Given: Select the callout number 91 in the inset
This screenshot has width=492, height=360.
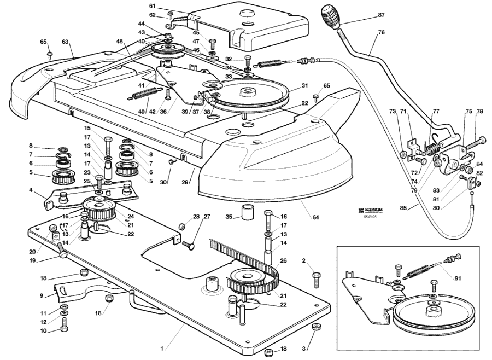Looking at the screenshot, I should pyautogui.click(x=458, y=278).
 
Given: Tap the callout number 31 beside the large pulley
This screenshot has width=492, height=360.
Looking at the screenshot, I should pyautogui.click(x=305, y=85).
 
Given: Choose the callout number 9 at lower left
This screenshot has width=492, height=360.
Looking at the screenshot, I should pyautogui.click(x=41, y=296).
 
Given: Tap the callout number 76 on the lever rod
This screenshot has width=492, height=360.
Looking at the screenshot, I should pyautogui.click(x=381, y=33).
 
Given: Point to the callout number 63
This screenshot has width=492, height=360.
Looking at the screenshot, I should pyautogui.click(x=65, y=41).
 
